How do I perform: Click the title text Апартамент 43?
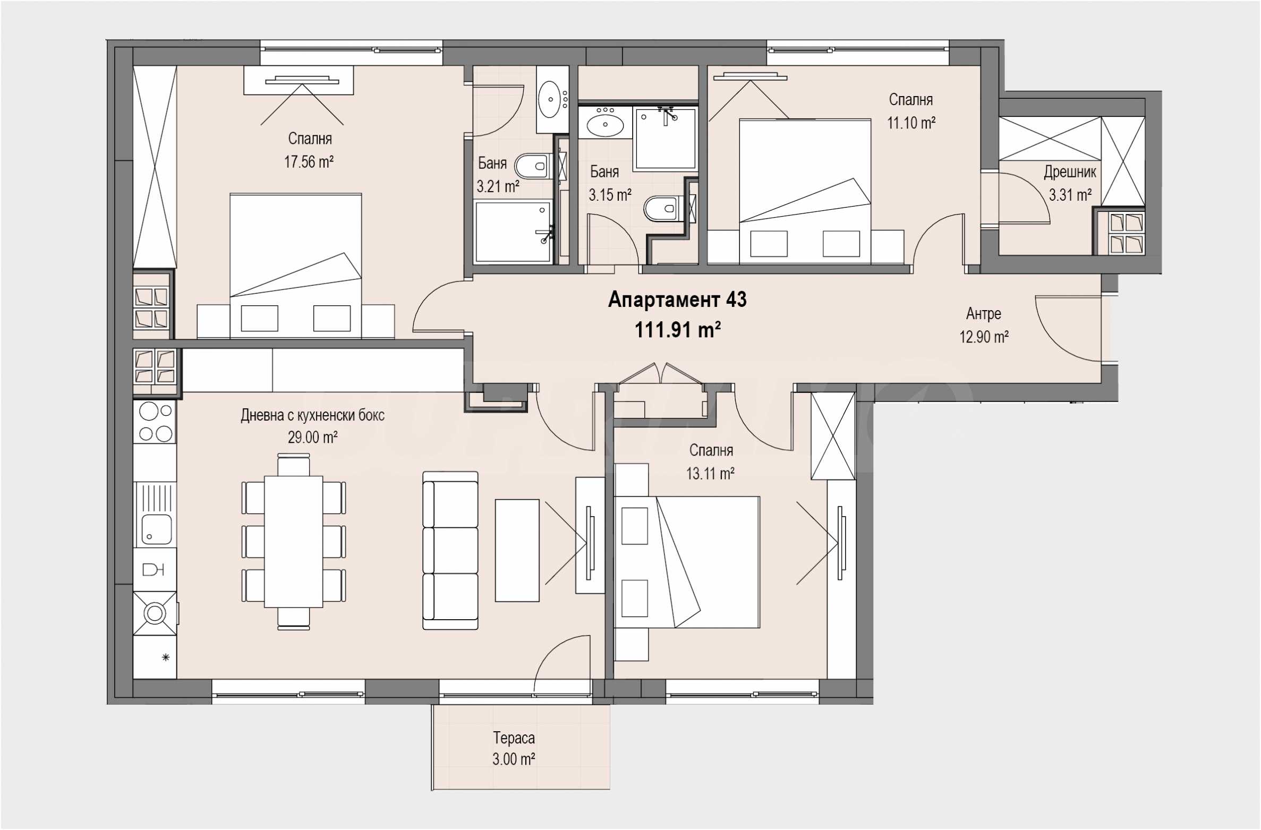(677, 300)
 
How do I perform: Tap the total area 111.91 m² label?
(678, 330)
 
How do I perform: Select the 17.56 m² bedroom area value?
(309, 161)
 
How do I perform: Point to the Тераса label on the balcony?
(514, 738)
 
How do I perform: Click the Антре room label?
(984, 314)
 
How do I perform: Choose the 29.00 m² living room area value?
(313, 437)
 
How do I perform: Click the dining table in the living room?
(294, 542)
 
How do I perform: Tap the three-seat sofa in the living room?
(450, 551)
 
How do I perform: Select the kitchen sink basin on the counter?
(156, 529)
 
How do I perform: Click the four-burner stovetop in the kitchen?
(155, 422)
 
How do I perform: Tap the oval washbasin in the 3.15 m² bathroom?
(605, 126)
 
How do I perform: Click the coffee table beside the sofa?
(517, 551)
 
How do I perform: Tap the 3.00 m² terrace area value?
(514, 759)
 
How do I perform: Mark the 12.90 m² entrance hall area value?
(984, 337)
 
